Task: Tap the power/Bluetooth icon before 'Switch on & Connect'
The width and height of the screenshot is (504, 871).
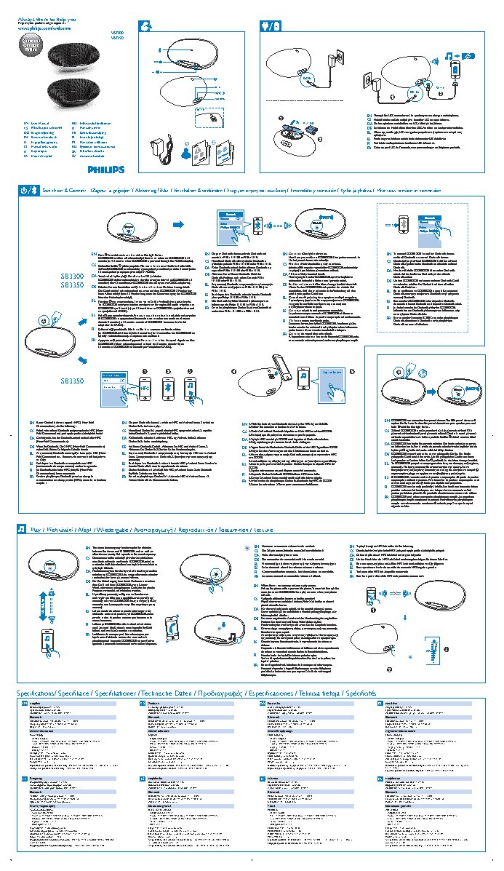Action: (x=25, y=191)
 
